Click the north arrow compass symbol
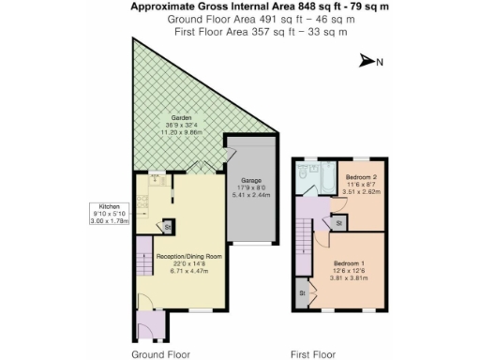click(368, 62)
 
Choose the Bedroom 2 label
click(361, 175)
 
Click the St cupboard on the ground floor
click(167, 226)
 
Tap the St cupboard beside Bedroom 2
click(336, 223)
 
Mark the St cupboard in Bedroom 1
click(303, 292)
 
